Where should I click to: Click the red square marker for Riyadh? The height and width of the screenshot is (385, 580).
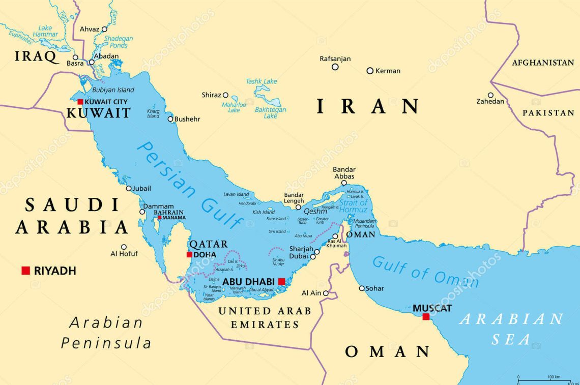click(25, 271)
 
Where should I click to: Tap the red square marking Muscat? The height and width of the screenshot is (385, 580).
click(426, 317)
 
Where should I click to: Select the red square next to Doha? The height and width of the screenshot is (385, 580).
click(189, 254)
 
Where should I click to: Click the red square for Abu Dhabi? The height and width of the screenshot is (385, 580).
click(281, 281)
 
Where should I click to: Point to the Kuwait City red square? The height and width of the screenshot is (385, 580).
click(80, 102)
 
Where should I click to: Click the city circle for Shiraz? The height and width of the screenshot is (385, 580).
click(226, 95)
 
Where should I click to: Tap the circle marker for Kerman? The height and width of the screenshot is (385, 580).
click(370, 71)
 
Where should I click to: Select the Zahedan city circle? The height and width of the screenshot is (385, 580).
click(490, 95)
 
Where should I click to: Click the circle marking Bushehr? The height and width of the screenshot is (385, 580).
click(170, 119)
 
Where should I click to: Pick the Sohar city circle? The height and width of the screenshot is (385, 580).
click(362, 288)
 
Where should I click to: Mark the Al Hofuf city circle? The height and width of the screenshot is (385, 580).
click(124, 247)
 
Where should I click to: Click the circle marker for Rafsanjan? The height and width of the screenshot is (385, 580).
click(335, 67)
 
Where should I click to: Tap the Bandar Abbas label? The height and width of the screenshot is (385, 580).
click(344, 173)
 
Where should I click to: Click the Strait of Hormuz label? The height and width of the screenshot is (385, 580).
click(353, 206)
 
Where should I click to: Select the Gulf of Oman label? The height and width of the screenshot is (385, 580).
click(425, 273)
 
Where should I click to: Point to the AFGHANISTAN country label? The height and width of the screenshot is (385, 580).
click(542, 63)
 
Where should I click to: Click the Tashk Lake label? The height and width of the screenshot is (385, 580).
click(262, 81)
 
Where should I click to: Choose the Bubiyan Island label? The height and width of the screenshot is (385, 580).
click(113, 90)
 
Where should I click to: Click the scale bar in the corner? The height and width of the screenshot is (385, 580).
click(547, 379)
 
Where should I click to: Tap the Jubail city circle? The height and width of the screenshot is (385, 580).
click(129, 188)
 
